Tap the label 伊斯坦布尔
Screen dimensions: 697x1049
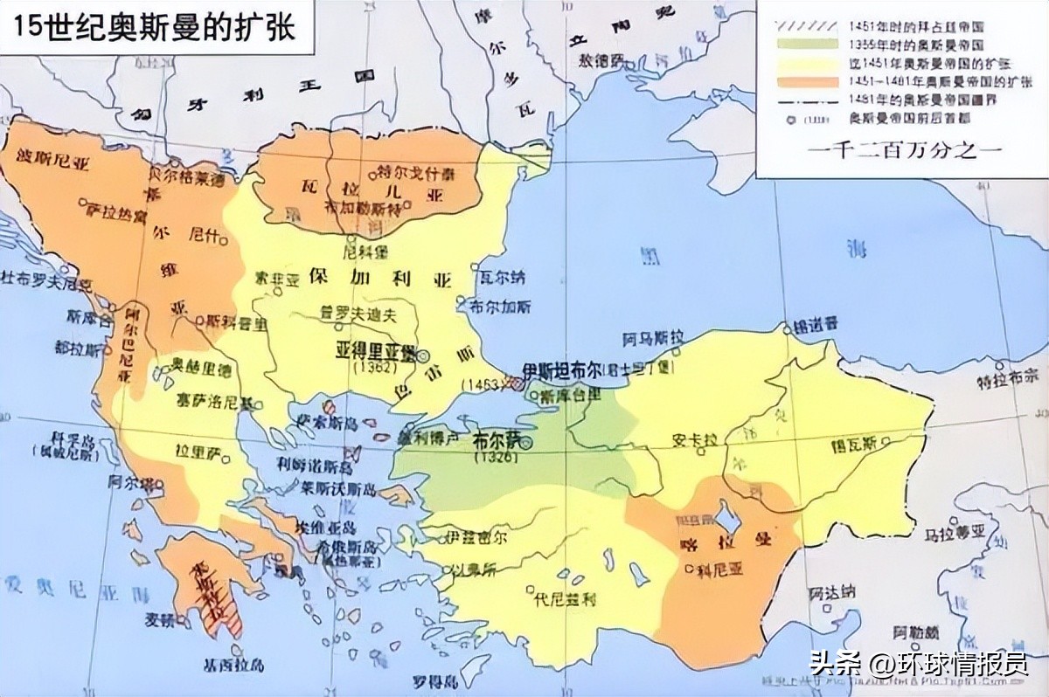point(560,369)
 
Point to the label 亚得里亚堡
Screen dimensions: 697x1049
point(376,351)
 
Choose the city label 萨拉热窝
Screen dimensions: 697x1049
point(116,212)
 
